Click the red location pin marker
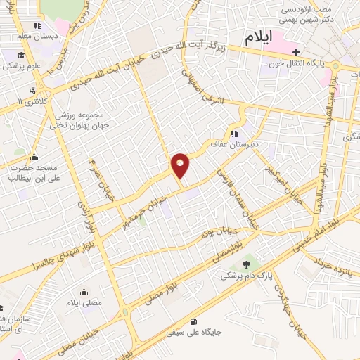point(181,165)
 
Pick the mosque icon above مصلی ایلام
point(84,292)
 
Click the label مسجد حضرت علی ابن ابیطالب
point(32,172)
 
